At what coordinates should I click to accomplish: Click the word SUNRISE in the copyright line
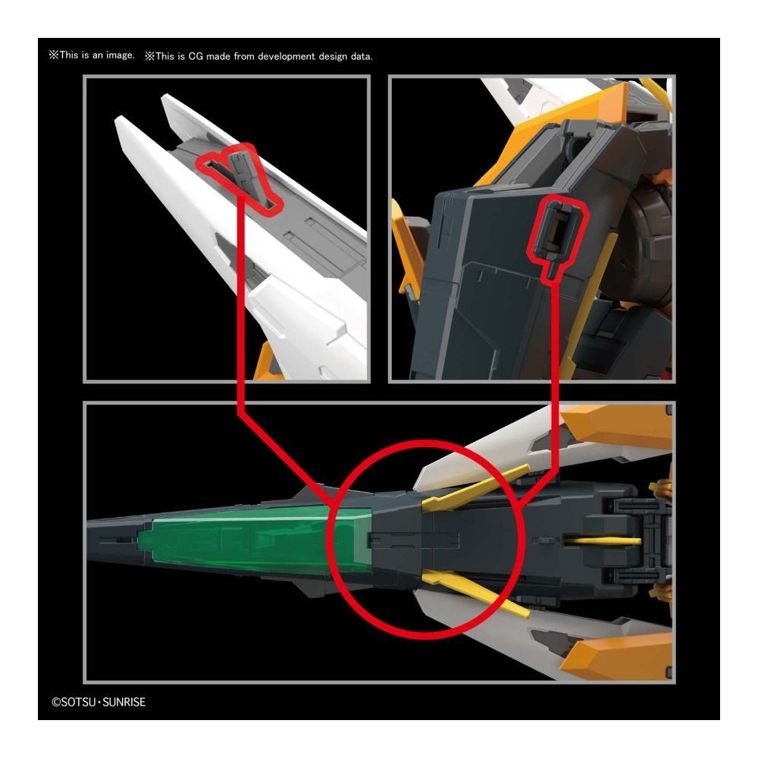pyautogui.click(x=124, y=702)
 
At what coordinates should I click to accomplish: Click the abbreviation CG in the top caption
pyautogui.click(x=196, y=56)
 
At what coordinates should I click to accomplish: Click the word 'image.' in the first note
pyautogui.click(x=121, y=55)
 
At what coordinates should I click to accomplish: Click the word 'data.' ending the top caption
pyautogui.click(x=362, y=57)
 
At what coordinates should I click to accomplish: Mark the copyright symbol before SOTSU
pyautogui.click(x=55, y=702)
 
